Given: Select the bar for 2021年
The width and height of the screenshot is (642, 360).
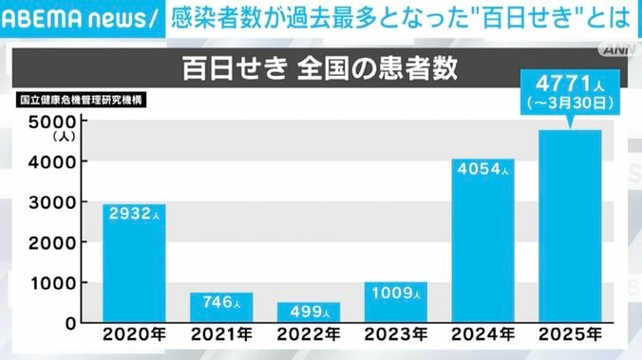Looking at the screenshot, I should (x=222, y=308).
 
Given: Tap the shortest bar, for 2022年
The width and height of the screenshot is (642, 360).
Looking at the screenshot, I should (x=309, y=313).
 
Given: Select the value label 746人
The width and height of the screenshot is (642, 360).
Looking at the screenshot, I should (x=222, y=303).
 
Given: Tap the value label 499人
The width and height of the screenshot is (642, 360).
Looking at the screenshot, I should (x=309, y=313).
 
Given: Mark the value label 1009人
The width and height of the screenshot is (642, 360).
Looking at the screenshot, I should (x=396, y=292).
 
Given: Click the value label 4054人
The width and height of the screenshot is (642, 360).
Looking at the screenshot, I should (x=483, y=170).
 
